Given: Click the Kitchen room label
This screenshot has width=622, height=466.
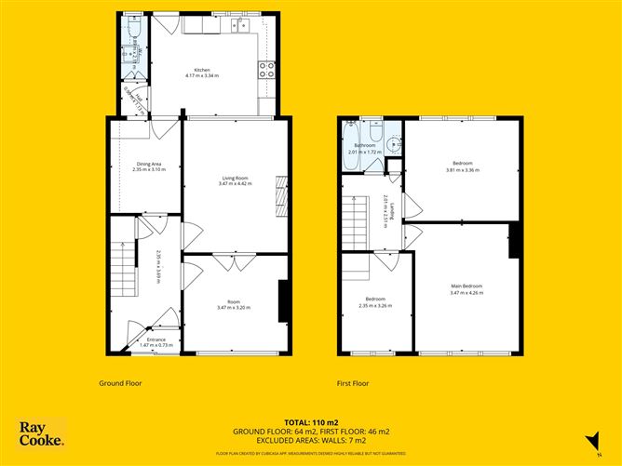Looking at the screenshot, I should pyautogui.click(x=202, y=71).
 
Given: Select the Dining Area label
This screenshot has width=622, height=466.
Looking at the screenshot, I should pyautogui.click(x=148, y=164).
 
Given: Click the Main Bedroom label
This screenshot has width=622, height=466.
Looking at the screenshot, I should pyautogui.click(x=466, y=286).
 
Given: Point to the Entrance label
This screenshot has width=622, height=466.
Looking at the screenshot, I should pyautogui.click(x=156, y=340).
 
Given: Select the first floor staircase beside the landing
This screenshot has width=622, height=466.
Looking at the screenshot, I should pyautogui.click(x=354, y=222).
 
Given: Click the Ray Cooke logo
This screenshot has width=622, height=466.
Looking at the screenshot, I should pyautogui.click(x=42, y=434).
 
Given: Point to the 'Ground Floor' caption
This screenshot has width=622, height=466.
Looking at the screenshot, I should pyautogui.click(x=121, y=383).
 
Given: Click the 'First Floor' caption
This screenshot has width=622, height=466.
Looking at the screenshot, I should pyautogui.click(x=353, y=383).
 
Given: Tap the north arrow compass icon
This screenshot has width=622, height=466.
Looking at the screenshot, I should pyautogui.click(x=588, y=439).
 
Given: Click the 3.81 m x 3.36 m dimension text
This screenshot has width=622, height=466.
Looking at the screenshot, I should pyautogui.click(x=460, y=169).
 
